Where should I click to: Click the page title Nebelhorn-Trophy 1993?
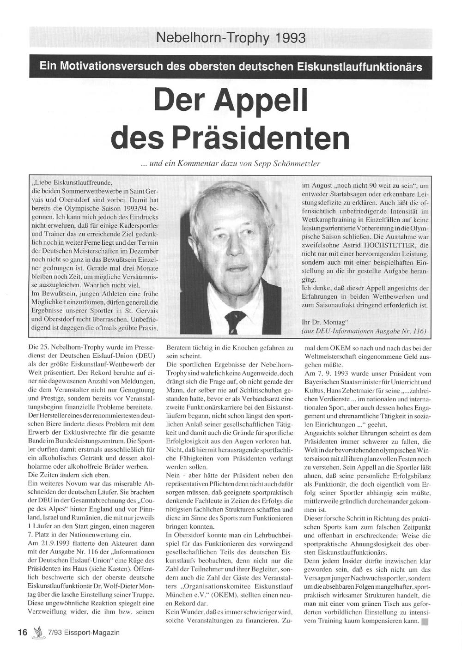point(231,37)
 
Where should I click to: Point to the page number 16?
point(23,633)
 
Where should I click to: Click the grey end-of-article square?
point(425,622)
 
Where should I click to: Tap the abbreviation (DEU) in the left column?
point(147,356)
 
